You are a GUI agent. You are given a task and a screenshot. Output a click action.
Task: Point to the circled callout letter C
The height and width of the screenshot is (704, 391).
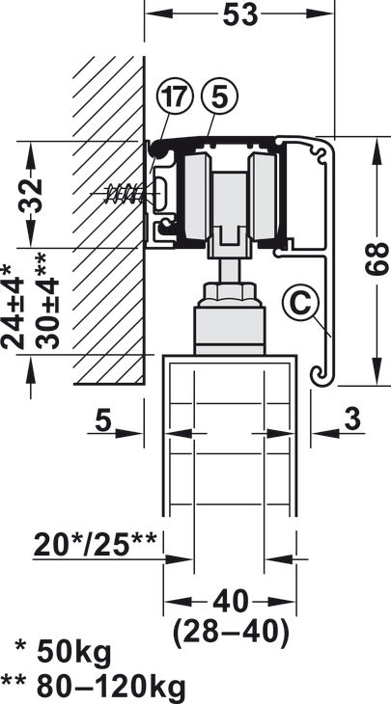pyautogui.click(x=300, y=304)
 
